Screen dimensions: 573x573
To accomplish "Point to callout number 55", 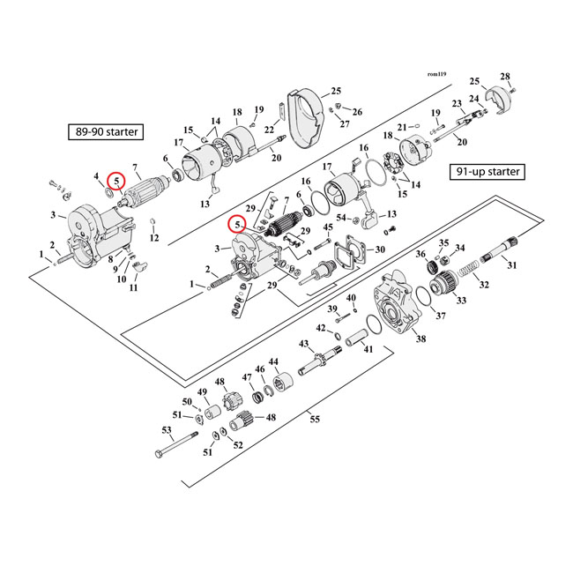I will [x=315, y=420].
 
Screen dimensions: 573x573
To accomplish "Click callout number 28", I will [x=505, y=76].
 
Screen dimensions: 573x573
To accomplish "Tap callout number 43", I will [x=303, y=344].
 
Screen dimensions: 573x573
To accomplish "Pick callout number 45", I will [x=328, y=227].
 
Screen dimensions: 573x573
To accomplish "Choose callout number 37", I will [x=441, y=316].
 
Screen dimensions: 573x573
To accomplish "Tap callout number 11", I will [x=134, y=287].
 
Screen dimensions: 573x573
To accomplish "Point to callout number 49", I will [x=201, y=392].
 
